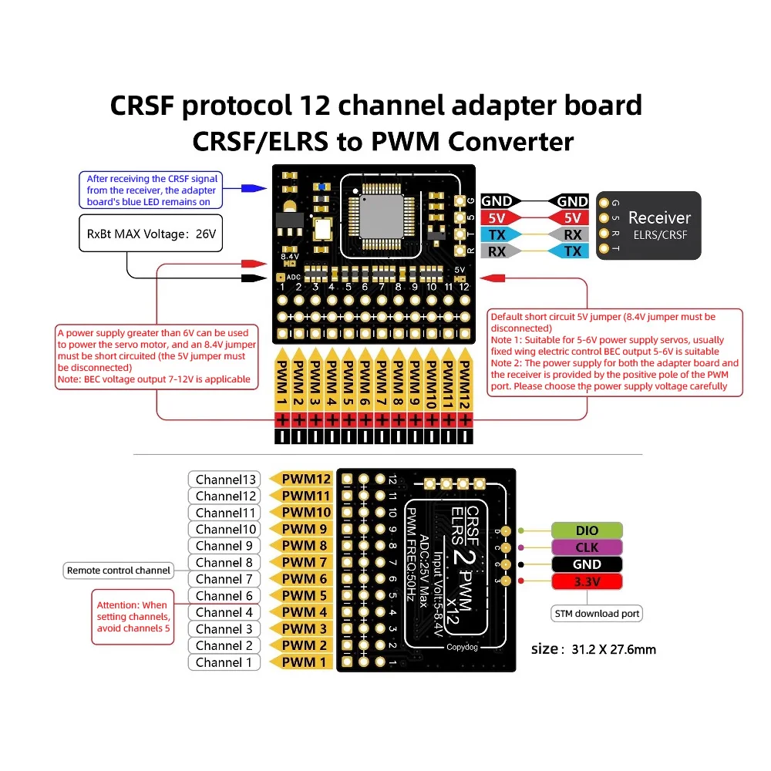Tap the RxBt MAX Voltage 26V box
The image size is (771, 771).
pos(150,234)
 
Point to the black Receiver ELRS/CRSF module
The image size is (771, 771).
pos(649,225)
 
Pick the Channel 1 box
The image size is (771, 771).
pos(224,662)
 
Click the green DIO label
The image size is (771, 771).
pos(586,530)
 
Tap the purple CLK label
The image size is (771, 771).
pos(586,547)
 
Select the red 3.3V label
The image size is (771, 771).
pos(586,581)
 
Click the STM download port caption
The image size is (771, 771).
pos(598,614)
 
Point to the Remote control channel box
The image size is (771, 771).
pos(118,571)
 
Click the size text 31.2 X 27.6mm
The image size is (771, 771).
pos(594,649)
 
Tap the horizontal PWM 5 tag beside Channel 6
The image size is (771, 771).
pos(304,596)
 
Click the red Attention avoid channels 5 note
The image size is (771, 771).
pos(132,617)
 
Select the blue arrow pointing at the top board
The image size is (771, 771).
pos(247,187)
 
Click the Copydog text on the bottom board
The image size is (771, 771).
pos(462,646)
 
